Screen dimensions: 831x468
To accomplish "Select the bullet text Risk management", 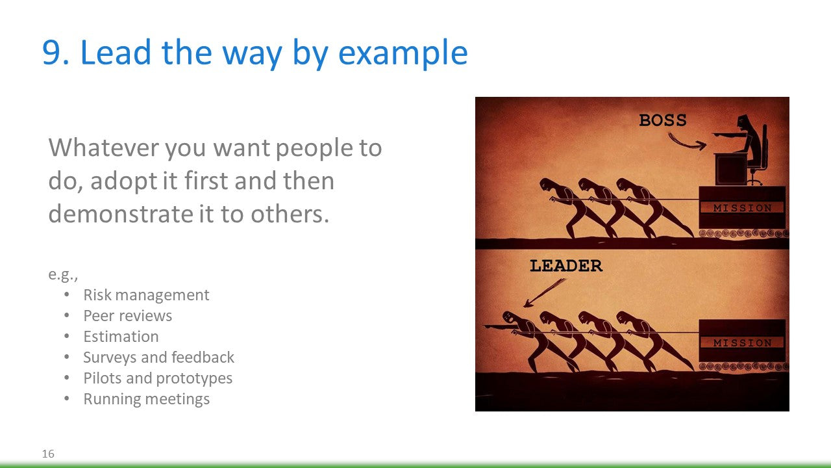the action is [146, 295].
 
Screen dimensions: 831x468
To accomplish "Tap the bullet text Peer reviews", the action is [128, 316].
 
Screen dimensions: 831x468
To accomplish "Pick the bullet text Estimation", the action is [121, 337].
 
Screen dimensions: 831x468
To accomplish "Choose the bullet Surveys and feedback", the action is [159, 357].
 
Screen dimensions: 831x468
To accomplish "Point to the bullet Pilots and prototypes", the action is [158, 378].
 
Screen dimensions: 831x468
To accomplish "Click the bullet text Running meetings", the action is [147, 399].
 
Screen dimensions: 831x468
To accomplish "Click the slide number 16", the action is [48, 454].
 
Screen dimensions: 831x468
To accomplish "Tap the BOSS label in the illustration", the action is [663, 120].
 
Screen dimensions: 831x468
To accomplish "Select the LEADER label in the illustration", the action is [566, 266].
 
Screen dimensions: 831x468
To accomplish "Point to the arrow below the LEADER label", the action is [544, 293].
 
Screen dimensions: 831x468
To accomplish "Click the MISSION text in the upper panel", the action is [742, 208].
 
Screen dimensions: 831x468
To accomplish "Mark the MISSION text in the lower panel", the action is [742, 343].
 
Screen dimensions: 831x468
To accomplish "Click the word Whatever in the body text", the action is [104, 148].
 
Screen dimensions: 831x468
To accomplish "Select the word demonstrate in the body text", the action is [120, 214].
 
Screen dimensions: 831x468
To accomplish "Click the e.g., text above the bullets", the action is [63, 274].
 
